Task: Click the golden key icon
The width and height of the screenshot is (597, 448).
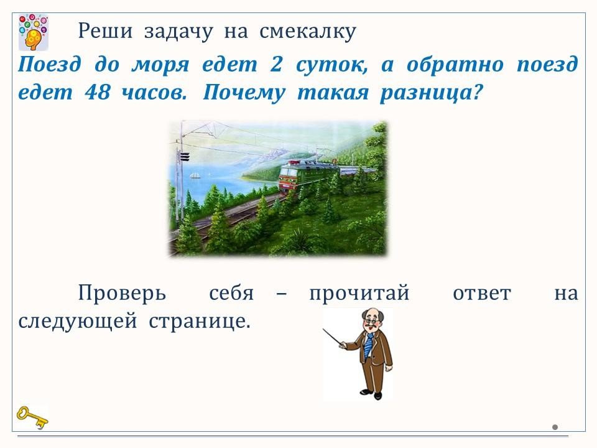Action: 32,418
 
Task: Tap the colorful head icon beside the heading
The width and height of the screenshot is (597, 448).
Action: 34,32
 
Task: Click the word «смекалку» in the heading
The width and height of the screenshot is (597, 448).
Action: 308,31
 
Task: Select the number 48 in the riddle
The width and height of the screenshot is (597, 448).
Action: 98,92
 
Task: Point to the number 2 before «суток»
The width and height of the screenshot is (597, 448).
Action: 276,64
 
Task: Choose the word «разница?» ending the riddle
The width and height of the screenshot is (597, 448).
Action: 432,93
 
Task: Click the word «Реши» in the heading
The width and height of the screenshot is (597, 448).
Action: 106,31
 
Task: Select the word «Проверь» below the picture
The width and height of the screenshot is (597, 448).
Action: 123,294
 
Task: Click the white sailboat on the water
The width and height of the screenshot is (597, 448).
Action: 195,175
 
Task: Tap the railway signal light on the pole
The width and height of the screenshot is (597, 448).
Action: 184,157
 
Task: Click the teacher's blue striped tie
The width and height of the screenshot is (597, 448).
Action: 369,345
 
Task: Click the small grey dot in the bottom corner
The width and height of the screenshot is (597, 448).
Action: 555,427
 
